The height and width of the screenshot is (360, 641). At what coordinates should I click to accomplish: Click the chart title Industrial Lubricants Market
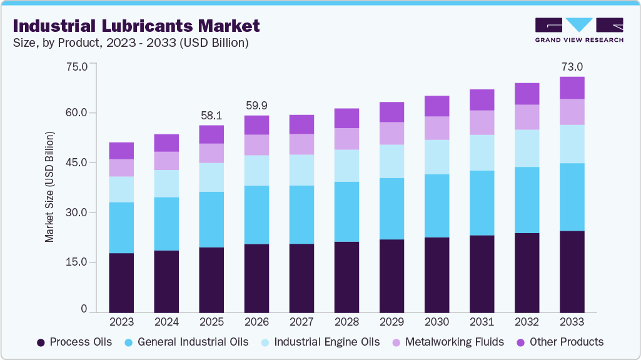point(136,26)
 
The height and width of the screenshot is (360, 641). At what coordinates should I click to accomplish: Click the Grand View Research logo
point(578,29)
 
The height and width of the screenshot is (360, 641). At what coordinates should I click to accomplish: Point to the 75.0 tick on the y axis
point(78,64)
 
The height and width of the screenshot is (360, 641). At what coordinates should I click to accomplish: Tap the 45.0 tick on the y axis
point(78,163)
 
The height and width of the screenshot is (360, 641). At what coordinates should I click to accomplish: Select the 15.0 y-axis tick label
point(78,262)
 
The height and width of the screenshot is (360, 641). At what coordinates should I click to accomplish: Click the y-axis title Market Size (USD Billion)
point(49,187)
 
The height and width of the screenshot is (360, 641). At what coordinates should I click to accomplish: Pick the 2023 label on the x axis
point(121,322)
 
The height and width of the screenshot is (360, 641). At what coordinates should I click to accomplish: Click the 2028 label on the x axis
point(346,322)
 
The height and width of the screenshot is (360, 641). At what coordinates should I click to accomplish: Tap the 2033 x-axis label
point(572,322)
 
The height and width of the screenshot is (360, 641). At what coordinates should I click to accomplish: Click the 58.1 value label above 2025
point(211,116)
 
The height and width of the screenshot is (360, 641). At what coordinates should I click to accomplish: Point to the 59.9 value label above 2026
point(256,106)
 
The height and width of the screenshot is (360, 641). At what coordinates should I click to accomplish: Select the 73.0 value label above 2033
point(572,67)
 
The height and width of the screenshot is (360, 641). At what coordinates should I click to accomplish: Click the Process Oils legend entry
point(75,342)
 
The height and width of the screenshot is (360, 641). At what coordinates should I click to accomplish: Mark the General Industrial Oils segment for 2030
point(437,206)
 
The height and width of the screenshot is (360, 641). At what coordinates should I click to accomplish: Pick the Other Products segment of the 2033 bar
point(572,87)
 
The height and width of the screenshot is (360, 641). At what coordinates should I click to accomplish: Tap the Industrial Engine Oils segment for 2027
point(301,170)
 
